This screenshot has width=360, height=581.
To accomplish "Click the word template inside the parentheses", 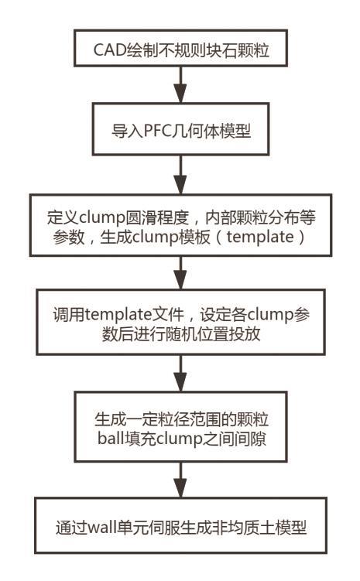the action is tap(260, 238).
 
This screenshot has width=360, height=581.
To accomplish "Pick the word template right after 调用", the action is tap(118, 315).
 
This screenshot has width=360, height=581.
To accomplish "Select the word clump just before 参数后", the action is tap(270, 315).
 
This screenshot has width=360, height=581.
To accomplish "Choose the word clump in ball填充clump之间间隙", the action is tap(180, 439).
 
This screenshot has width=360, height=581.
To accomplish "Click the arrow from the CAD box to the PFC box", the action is tap(180, 85).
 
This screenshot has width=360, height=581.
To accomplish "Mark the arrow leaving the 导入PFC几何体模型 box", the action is tap(180, 175).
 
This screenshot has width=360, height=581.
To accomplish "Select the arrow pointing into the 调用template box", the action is tap(180, 273).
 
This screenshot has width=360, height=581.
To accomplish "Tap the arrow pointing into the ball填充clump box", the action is tap(180, 374).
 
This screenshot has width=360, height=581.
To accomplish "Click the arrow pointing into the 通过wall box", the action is tap(180, 480).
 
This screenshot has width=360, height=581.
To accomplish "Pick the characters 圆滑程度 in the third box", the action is tap(158, 218).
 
